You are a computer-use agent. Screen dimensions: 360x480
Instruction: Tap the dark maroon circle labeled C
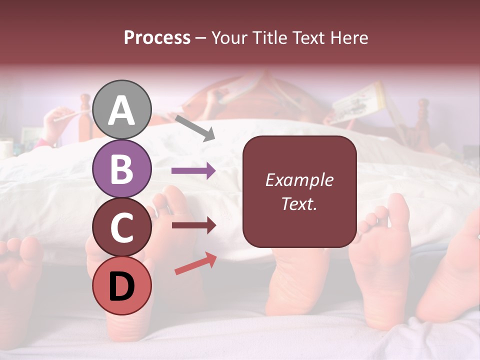click(121, 227)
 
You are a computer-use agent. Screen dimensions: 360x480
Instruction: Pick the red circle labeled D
click(121, 285)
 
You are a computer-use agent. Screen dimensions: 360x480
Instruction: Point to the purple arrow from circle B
click(193, 171)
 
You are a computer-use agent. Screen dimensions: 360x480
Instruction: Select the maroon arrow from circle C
click(193, 225)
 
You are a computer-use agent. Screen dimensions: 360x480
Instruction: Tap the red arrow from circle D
click(195, 263)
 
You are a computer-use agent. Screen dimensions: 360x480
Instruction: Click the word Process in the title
click(157, 37)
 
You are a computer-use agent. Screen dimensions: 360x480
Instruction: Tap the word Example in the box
click(299, 180)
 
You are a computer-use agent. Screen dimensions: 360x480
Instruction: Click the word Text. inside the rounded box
click(299, 204)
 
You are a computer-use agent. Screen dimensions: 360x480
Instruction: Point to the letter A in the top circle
click(121, 110)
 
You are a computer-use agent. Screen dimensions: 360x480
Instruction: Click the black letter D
click(121, 286)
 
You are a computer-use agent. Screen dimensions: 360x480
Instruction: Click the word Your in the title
click(230, 37)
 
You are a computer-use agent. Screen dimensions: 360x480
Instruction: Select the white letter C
click(121, 228)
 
